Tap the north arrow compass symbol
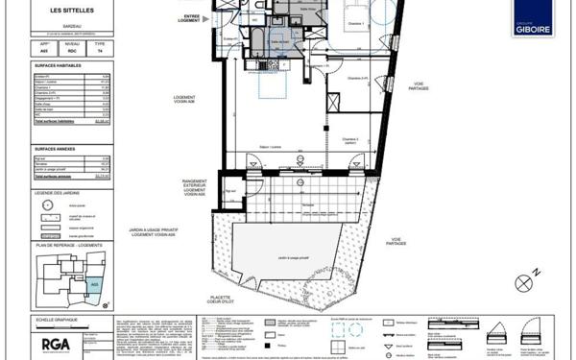coord(524,282)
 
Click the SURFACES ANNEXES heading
coord(56,151)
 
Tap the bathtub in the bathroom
coord(257,38)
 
